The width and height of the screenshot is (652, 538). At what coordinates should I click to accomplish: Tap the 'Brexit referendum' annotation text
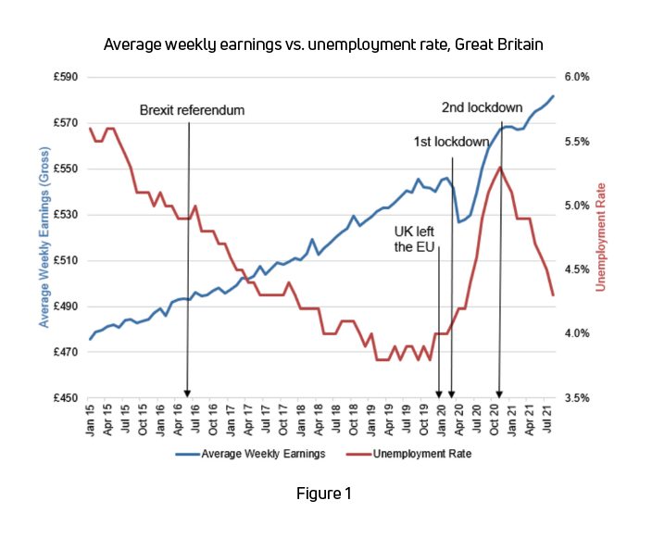point(192,110)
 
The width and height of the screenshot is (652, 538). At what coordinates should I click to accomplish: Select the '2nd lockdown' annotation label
point(482,106)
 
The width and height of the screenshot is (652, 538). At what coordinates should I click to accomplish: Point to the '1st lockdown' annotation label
point(451,142)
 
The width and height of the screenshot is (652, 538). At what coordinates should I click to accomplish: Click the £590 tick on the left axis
point(67,77)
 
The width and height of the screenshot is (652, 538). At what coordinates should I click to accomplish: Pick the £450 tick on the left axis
point(67,398)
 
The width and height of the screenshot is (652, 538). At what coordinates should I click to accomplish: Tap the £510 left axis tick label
point(67,260)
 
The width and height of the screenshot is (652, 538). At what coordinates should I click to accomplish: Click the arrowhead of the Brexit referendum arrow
point(188,394)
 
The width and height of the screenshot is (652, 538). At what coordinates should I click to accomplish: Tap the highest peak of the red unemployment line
point(500,168)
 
